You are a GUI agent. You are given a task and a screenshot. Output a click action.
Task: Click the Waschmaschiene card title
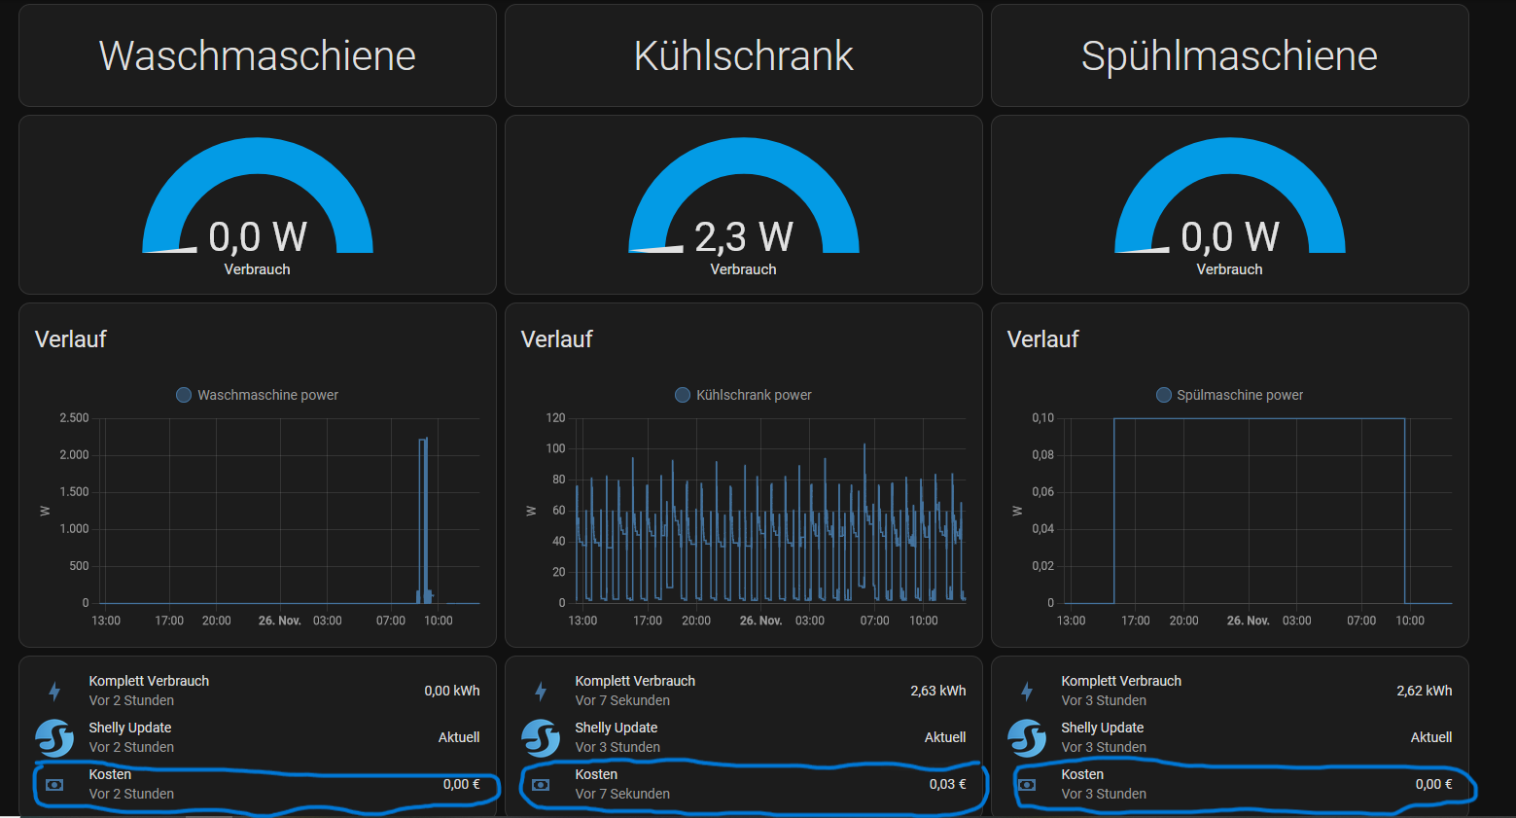pos(258,56)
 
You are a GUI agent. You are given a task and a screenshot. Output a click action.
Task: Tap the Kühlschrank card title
pos(744,56)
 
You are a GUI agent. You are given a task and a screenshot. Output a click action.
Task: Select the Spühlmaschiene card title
pos(1229,56)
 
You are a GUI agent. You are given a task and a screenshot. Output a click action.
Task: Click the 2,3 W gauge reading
pos(744,236)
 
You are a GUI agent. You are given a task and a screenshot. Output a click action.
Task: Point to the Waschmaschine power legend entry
pos(258,395)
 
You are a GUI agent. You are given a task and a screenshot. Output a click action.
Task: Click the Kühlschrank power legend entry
pos(744,395)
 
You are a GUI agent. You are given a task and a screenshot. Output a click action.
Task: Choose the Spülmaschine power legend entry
pos(1230,395)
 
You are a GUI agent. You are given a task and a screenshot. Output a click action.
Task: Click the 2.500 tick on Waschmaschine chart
pos(74,418)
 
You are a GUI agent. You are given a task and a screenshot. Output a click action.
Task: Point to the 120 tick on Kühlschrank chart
pos(555,418)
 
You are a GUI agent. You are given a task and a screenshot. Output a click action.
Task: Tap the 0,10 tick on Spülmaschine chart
pos(1042,418)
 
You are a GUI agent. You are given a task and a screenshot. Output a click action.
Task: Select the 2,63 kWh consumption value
pos(937,691)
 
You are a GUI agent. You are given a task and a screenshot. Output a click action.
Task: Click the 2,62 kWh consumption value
pos(1424,691)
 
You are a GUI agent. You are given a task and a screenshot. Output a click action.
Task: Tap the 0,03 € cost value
pos(947,784)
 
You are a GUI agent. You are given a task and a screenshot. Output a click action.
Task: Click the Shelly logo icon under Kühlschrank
pos(541,737)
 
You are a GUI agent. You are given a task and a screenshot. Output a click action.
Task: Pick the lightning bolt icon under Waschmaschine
pos(54,691)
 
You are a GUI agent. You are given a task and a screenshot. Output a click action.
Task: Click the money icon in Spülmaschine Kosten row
pos(1027,784)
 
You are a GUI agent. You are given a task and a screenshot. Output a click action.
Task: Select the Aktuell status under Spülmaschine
pos(1430,737)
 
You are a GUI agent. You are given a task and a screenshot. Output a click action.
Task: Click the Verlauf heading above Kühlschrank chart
pos(557,339)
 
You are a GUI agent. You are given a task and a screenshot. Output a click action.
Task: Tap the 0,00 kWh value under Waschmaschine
pos(451,691)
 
